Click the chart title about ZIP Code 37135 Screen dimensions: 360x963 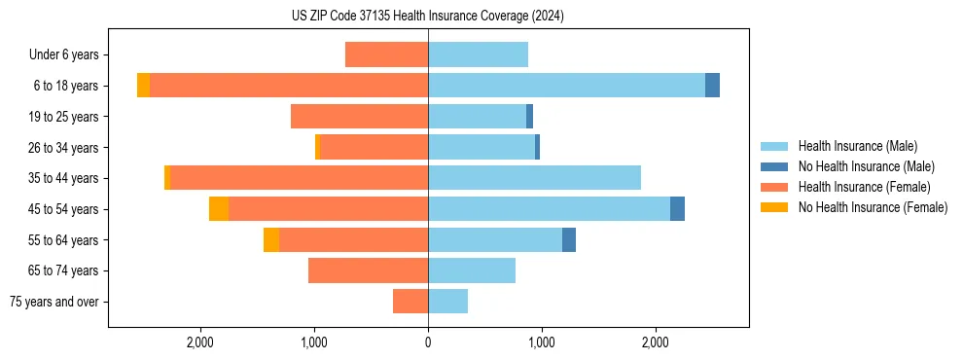(427, 17)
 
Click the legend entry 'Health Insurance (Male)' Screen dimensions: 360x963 (857, 146)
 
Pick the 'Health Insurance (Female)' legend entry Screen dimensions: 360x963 (864, 187)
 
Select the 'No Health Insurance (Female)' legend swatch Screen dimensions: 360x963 (776, 207)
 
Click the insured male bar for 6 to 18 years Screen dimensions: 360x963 (566, 86)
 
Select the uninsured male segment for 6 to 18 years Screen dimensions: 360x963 (712, 86)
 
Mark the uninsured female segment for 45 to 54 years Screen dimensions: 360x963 (219, 209)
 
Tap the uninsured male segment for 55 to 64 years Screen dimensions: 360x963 (569, 239)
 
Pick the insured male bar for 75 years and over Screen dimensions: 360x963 (447, 302)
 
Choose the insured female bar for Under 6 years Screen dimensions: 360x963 (386, 55)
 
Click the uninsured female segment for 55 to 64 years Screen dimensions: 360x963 (271, 239)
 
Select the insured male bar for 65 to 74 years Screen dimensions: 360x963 (472, 270)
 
